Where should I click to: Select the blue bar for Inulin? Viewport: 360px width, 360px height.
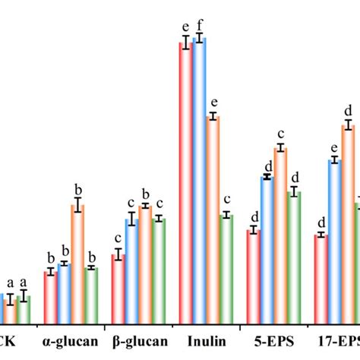pos(199,182)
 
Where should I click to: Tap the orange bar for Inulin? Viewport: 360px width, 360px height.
pos(213,220)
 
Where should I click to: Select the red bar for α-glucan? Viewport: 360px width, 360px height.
pos(50,297)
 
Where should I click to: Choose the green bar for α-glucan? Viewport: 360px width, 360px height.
pos(91,295)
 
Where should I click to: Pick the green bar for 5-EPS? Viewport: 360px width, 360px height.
pos(294,258)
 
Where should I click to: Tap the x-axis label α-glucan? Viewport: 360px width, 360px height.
pos(71,341)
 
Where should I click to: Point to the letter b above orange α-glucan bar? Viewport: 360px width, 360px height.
pos(77,188)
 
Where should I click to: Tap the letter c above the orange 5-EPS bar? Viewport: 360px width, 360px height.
pos(280,135)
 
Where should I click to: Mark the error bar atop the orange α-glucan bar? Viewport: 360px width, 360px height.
pos(77,205)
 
